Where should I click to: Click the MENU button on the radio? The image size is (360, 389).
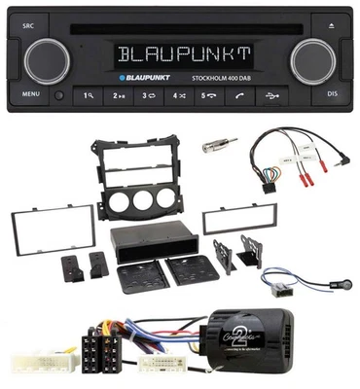30,95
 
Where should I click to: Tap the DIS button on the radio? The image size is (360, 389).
333,95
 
